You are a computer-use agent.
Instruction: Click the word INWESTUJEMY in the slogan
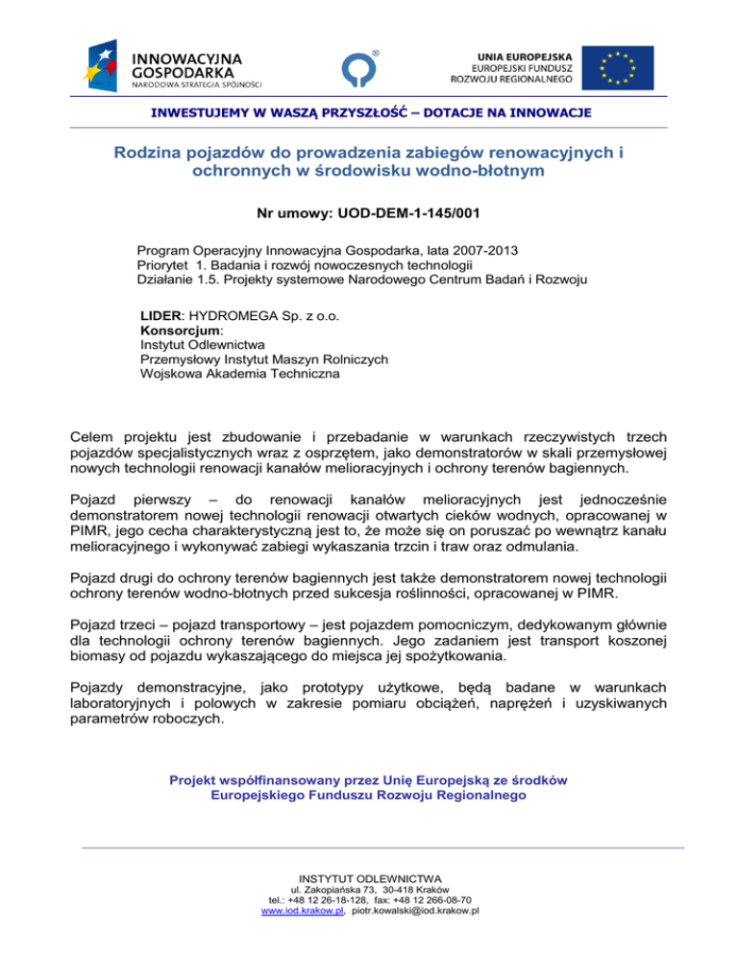[191, 113]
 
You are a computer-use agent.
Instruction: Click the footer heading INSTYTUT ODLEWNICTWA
[369, 878]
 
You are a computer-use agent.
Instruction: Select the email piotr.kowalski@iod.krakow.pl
[414, 912]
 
